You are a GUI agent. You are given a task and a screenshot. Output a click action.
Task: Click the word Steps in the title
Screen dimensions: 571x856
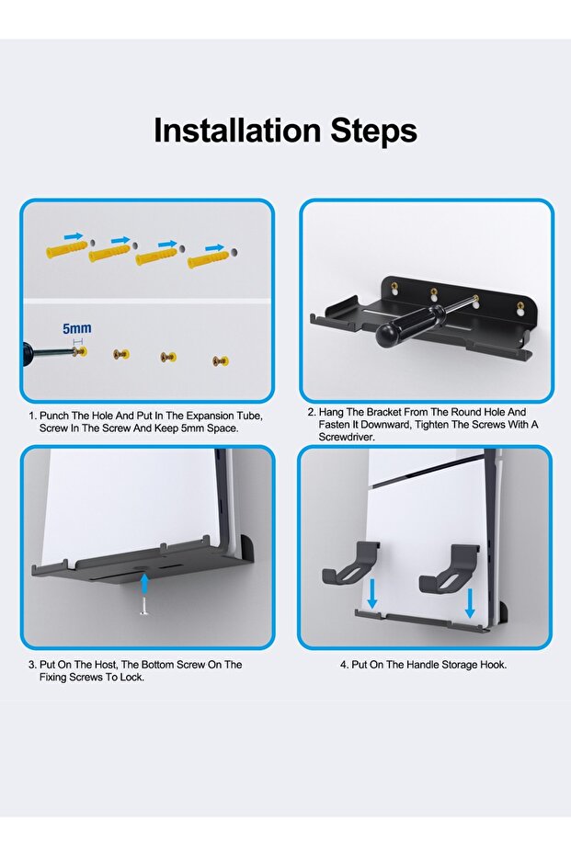(x=374, y=131)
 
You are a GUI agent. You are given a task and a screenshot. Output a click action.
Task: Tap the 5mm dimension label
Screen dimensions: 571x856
(x=77, y=328)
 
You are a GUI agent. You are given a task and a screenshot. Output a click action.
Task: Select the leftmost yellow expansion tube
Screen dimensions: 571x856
(x=66, y=251)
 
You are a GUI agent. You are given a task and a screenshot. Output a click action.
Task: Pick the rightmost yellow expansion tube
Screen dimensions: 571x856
(x=208, y=260)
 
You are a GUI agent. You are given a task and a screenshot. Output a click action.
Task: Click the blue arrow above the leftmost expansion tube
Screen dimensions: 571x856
(x=74, y=236)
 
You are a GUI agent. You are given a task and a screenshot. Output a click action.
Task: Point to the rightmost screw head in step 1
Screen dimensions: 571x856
(x=221, y=360)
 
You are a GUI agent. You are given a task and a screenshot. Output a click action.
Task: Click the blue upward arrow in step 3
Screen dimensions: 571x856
(x=144, y=583)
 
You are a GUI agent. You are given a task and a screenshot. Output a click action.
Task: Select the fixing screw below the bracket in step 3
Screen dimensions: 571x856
(x=144, y=606)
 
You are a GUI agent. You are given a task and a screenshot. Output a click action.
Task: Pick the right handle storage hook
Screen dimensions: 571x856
(x=450, y=568)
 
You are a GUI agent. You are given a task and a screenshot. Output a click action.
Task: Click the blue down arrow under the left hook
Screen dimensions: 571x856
(x=372, y=593)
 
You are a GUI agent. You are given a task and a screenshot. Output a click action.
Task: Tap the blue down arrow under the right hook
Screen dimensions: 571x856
(x=470, y=603)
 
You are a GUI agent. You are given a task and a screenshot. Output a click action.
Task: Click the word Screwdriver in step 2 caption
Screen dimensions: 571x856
(x=347, y=438)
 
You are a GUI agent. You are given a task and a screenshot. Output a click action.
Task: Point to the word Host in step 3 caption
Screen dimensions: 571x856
(x=107, y=665)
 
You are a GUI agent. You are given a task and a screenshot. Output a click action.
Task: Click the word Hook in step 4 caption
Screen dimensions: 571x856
(x=493, y=665)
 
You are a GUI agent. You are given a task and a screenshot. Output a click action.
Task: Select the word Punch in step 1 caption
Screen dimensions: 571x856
(x=54, y=416)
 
